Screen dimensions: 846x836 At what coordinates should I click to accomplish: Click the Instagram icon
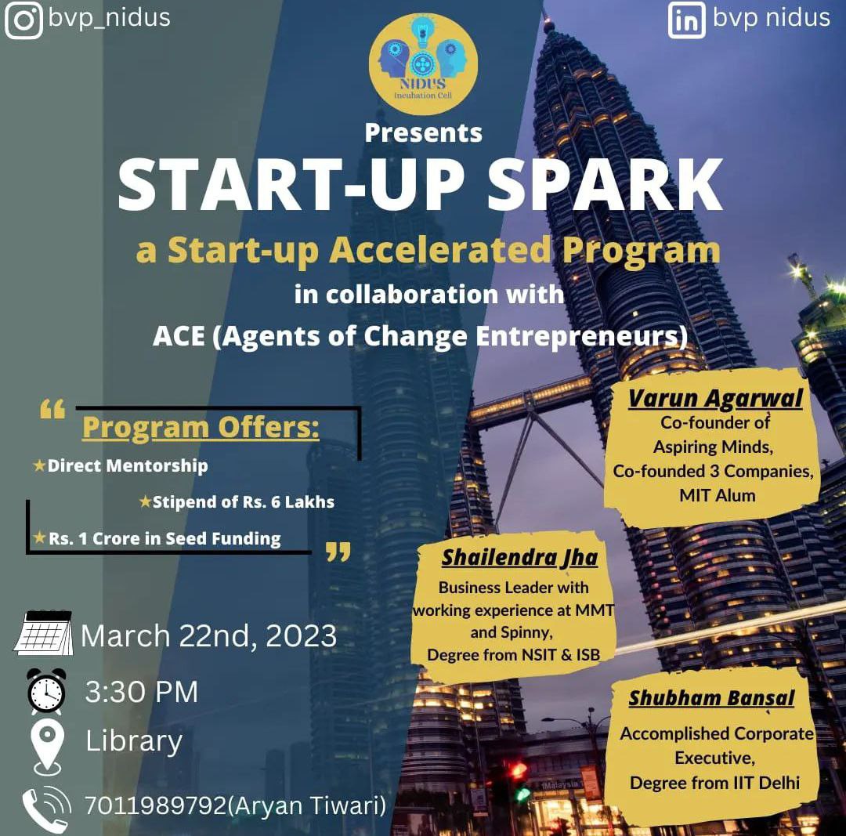click(23, 20)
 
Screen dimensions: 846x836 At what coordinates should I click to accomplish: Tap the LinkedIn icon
click(686, 20)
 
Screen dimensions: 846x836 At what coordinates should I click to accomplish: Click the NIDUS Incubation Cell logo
click(423, 63)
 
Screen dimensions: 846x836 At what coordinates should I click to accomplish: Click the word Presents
click(424, 132)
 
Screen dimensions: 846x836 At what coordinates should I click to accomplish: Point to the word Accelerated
click(440, 251)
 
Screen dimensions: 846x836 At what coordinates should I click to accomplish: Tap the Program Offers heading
click(201, 427)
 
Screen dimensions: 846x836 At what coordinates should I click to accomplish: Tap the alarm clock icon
click(46, 690)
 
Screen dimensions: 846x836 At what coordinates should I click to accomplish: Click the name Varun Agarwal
click(715, 398)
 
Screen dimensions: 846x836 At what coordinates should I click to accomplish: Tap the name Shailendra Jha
click(519, 558)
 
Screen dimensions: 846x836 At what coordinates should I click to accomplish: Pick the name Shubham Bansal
click(711, 698)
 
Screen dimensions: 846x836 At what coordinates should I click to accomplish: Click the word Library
click(134, 741)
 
